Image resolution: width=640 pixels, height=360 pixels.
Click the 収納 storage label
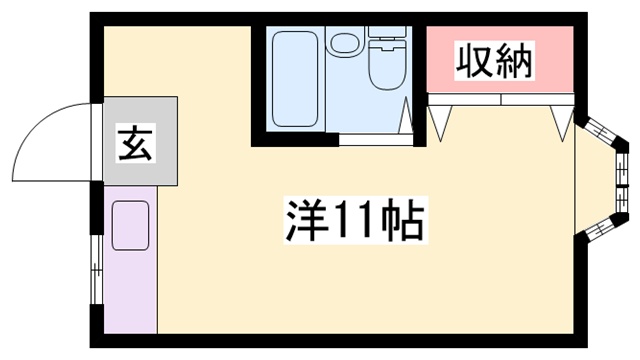pyautogui.click(x=495, y=62)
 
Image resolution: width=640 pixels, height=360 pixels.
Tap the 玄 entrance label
pyautogui.click(x=135, y=145)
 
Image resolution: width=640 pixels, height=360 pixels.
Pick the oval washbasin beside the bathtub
pyautogui.click(x=345, y=43)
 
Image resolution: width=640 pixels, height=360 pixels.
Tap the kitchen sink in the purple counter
pyautogui.click(x=129, y=225)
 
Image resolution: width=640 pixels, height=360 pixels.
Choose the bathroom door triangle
pyautogui.click(x=409, y=117)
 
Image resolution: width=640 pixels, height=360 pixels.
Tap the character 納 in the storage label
pyautogui.click(x=515, y=62)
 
